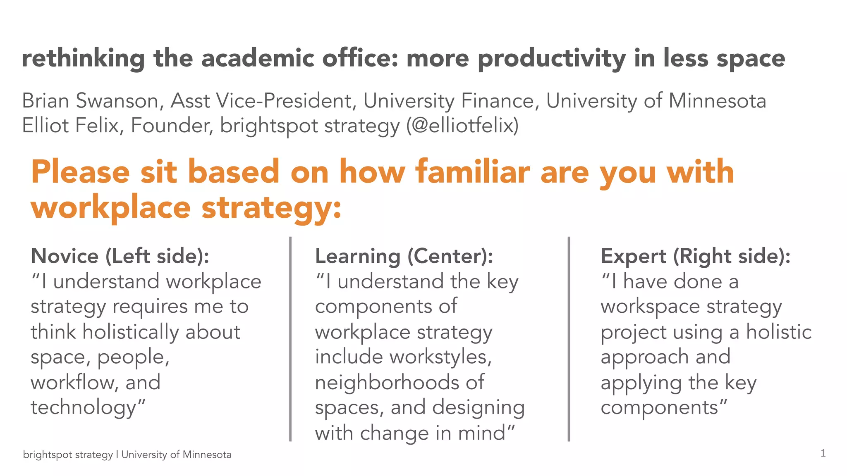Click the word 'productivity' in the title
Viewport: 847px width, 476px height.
pos(551,58)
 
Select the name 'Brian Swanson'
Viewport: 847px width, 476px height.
pos(90,101)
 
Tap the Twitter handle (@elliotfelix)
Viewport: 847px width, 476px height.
pos(462,126)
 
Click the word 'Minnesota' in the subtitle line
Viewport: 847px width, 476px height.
pos(717,101)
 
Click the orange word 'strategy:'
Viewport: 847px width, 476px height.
pos(271,207)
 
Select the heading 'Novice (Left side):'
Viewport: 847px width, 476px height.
pos(120,256)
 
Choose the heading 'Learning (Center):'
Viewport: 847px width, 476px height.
pos(404,256)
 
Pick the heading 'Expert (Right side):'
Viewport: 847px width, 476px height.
pos(695,256)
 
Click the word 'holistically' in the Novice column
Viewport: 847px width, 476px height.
pos(130,332)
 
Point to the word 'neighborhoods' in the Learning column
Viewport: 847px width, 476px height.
pos(387,382)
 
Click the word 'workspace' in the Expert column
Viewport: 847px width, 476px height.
pos(650,307)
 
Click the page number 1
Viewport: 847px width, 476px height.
pos(823,453)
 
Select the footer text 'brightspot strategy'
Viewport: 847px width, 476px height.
pos(68,455)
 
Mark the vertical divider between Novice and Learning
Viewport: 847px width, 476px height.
pos(290,339)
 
